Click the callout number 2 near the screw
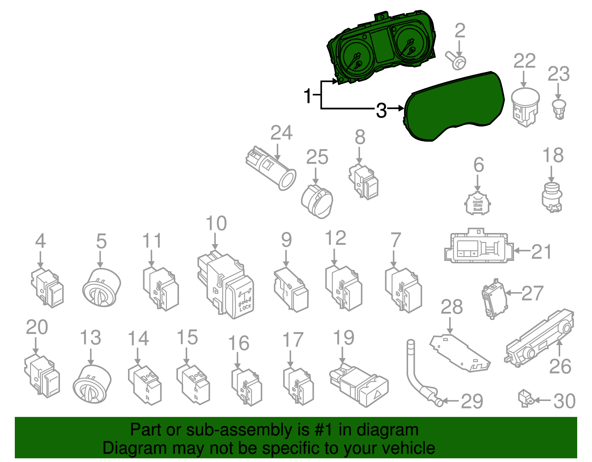point(460,31)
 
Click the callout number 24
point(281,133)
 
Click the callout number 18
point(553,156)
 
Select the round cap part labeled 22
point(525,105)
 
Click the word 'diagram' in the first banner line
point(387,430)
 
